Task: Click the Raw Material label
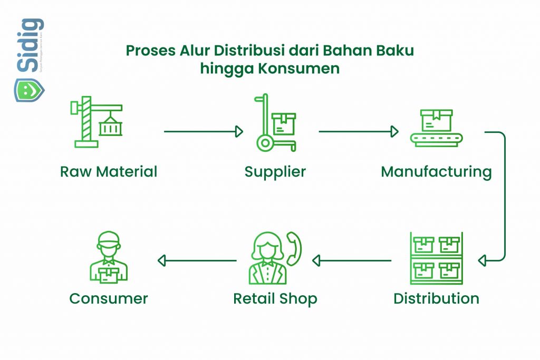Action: click(109, 172)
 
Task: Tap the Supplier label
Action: click(275, 172)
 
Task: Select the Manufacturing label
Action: click(436, 172)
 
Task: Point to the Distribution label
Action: click(436, 298)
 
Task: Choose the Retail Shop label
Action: click(275, 299)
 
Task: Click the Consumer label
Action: click(109, 299)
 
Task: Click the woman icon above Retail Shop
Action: click(267, 258)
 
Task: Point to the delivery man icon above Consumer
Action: click(109, 258)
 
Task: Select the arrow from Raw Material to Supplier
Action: click(203, 131)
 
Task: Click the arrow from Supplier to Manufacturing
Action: click(358, 131)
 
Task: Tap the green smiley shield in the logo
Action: click(29, 89)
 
